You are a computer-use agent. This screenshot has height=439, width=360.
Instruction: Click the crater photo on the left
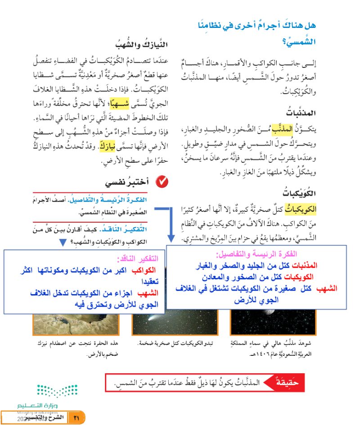(x=78, y=322)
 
